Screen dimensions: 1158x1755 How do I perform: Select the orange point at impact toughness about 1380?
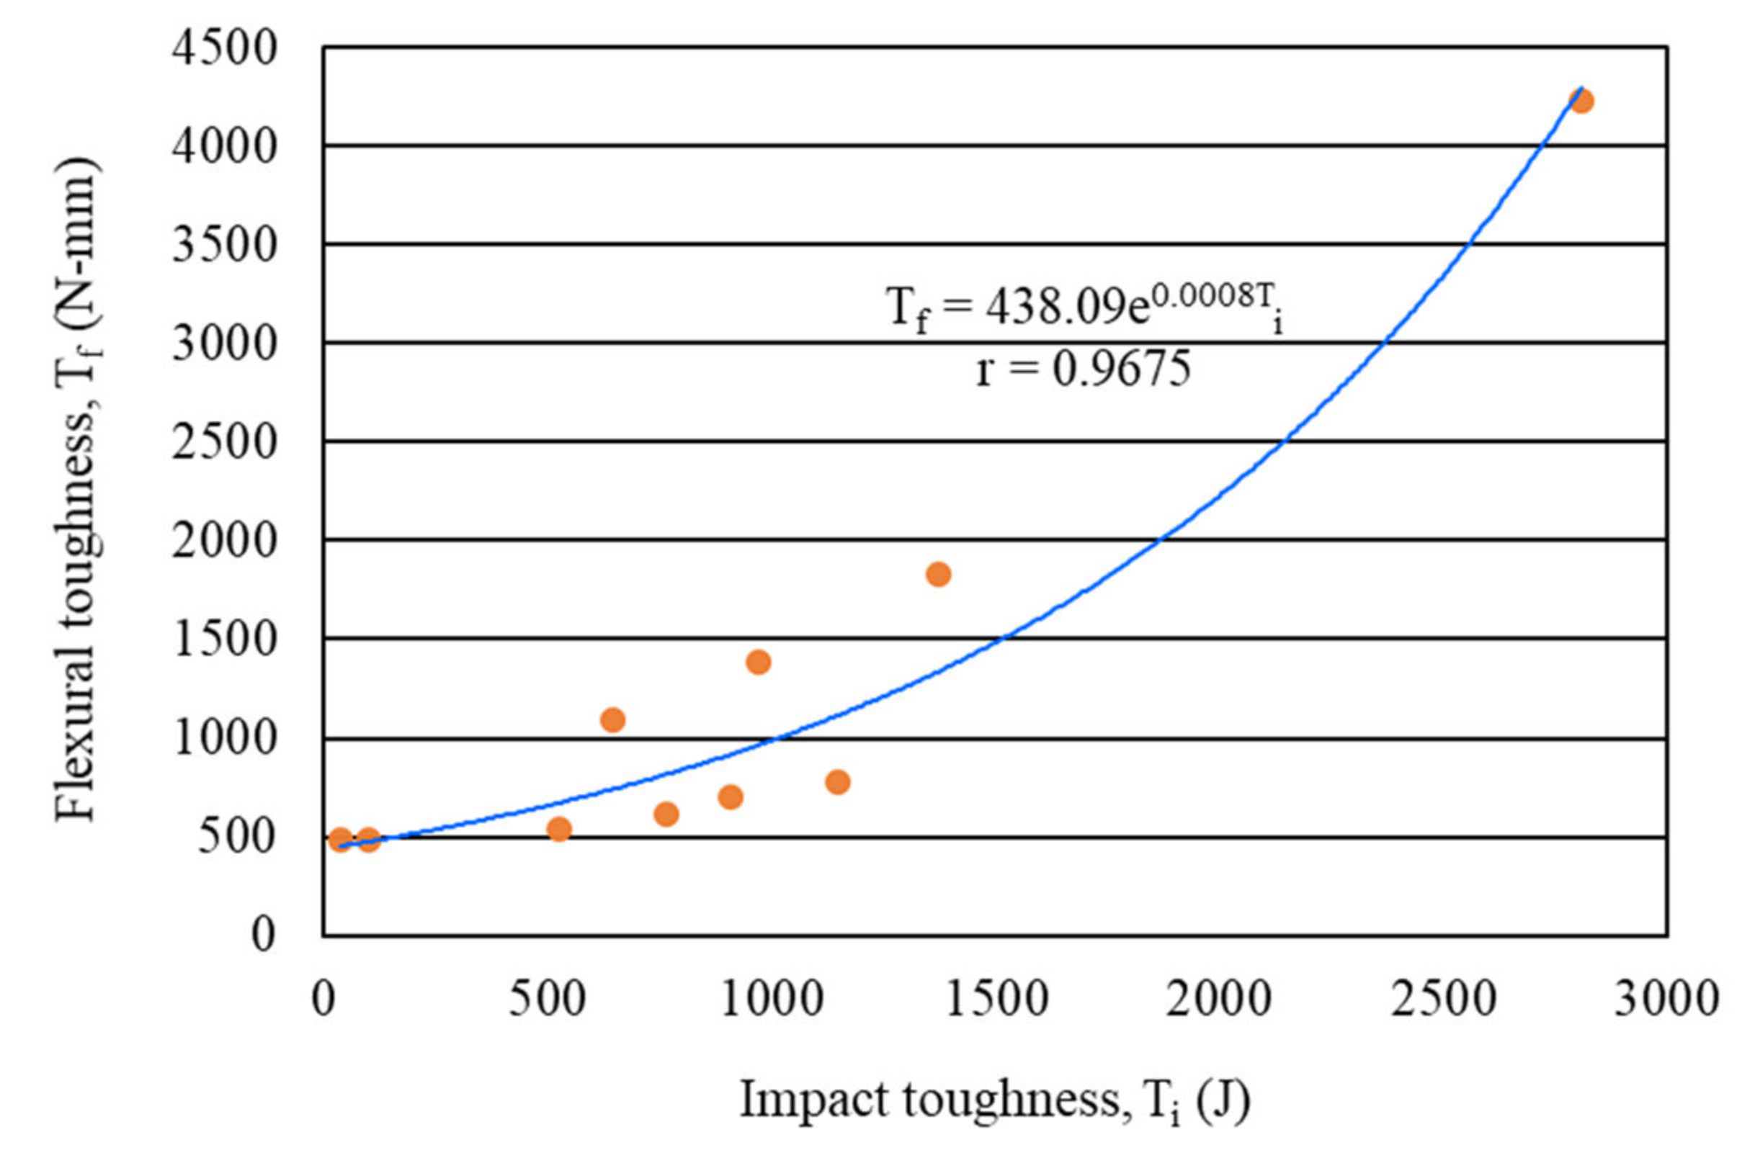(x=938, y=574)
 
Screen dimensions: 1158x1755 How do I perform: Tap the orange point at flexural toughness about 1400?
(x=759, y=662)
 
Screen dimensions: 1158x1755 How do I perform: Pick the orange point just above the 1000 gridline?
(x=613, y=719)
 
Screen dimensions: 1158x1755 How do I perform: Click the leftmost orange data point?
(x=341, y=840)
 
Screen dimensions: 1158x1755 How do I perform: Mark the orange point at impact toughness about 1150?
(x=838, y=782)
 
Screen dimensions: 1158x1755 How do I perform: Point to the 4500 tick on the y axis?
(x=225, y=49)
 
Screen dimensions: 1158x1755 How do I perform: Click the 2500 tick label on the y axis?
(x=225, y=442)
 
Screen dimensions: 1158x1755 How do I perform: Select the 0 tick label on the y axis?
(x=263, y=935)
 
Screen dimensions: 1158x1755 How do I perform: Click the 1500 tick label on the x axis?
(x=996, y=1000)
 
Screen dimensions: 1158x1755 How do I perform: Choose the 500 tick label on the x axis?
(x=548, y=1000)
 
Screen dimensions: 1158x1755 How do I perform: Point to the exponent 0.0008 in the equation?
(x=1200, y=297)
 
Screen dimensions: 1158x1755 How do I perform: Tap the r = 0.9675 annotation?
(x=1084, y=369)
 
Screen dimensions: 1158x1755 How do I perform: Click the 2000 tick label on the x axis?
(x=1220, y=1000)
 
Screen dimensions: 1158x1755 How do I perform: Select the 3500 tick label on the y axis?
(x=225, y=245)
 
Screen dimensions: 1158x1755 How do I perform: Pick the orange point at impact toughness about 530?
(x=559, y=830)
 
